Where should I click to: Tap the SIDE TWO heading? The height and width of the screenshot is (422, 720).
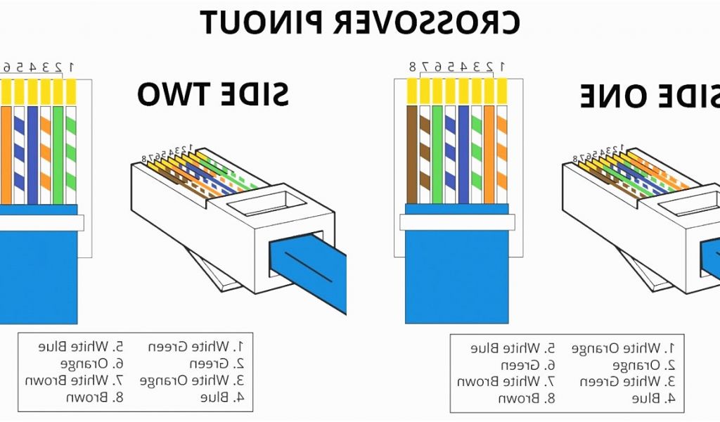coord(213,94)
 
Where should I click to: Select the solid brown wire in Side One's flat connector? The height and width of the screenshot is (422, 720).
coord(411,151)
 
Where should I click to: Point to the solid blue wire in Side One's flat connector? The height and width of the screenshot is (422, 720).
coord(463,151)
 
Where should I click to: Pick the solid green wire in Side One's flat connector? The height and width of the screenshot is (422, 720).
coord(437,151)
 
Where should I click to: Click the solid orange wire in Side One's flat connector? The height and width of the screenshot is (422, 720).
coord(489,151)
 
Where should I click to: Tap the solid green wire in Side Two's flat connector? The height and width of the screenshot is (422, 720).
coord(58,151)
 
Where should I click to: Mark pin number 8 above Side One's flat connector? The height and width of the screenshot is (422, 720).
coord(413,67)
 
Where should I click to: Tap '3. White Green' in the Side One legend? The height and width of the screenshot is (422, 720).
coord(627,381)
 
